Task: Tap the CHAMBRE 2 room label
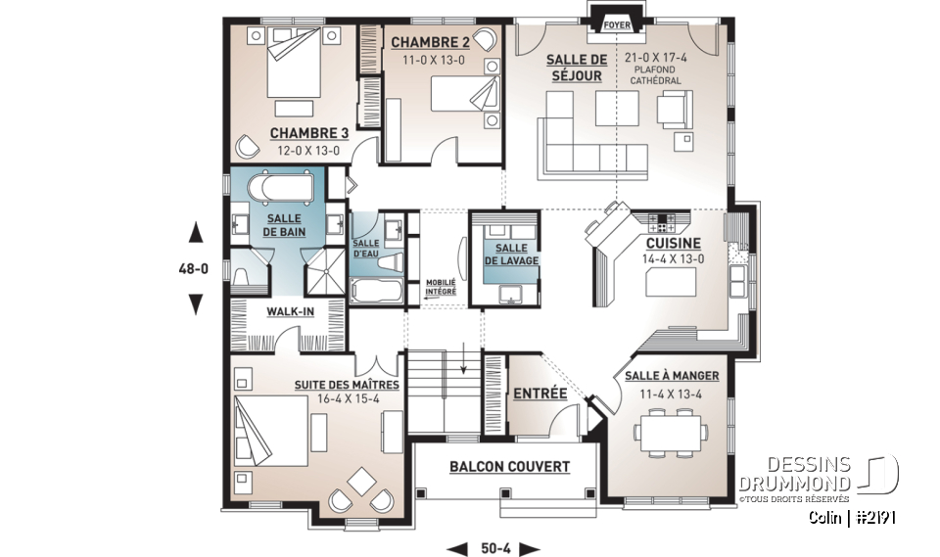pyautogui.click(x=430, y=42)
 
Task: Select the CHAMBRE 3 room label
pyautogui.click(x=308, y=134)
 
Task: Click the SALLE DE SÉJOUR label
pyautogui.click(x=576, y=68)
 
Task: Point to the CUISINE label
pyautogui.click(x=672, y=243)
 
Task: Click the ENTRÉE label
pyautogui.click(x=540, y=394)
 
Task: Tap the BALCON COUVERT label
pyautogui.click(x=509, y=467)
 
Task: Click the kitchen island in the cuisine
pyautogui.click(x=671, y=283)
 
